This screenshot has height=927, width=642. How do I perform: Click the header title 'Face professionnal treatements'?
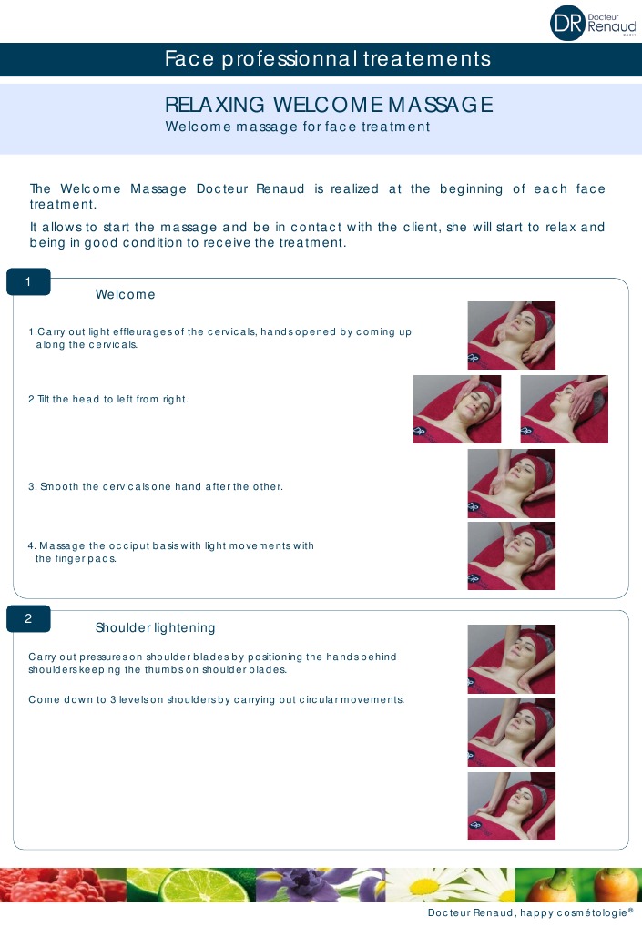click(x=327, y=60)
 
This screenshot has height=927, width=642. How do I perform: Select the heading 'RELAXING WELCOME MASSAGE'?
click(x=329, y=105)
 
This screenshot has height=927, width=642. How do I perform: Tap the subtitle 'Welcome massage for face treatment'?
click(x=297, y=127)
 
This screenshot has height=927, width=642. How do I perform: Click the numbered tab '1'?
click(x=28, y=282)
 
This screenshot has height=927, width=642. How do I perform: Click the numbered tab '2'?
click(x=28, y=619)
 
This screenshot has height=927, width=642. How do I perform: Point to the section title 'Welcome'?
click(x=125, y=295)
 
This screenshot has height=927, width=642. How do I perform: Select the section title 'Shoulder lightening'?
click(x=155, y=628)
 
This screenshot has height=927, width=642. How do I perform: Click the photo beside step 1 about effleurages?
click(x=511, y=335)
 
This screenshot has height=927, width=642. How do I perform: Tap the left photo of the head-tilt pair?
click(x=456, y=410)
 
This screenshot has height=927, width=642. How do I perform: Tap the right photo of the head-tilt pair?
click(x=564, y=410)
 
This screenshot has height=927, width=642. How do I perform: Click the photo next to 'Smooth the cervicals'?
click(x=511, y=483)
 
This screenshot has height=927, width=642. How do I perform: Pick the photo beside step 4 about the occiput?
click(x=511, y=555)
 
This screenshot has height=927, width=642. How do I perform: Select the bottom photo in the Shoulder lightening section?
click(x=511, y=806)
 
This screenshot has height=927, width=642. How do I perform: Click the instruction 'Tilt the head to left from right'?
click(x=108, y=400)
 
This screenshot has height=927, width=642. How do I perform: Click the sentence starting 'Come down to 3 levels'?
click(x=216, y=700)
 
